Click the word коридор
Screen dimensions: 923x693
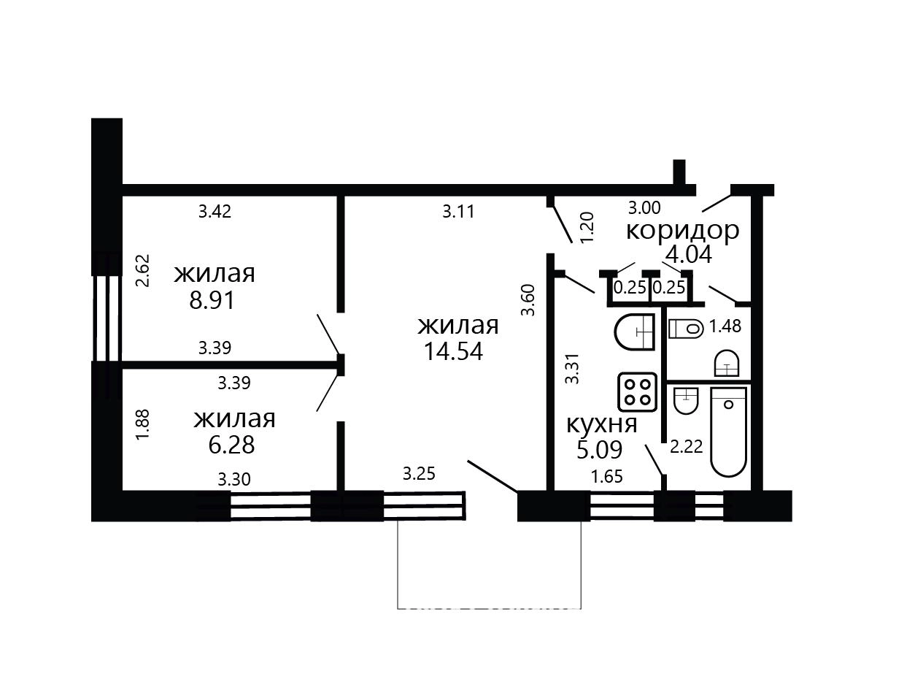[682, 231]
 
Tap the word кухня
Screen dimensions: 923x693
[602, 424]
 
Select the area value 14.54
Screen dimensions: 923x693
[453, 351]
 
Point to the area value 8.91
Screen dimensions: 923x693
[212, 300]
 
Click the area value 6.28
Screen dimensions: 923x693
[231, 445]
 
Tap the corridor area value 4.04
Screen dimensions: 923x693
[689, 254]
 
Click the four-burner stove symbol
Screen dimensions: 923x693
[638, 392]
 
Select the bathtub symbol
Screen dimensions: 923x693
[729, 432]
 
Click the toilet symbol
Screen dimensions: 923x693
[686, 329]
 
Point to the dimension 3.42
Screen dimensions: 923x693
[215, 211]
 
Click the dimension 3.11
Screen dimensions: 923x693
[458, 211]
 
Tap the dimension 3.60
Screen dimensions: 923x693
[528, 300]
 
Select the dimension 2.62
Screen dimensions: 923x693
[143, 270]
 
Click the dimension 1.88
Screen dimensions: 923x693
[143, 425]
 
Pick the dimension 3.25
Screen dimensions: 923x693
[419, 474]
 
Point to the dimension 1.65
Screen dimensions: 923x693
[607, 477]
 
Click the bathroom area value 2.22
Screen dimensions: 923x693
[687, 447]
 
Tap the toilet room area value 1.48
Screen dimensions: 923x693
[725, 326]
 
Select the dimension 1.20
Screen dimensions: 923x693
[587, 227]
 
